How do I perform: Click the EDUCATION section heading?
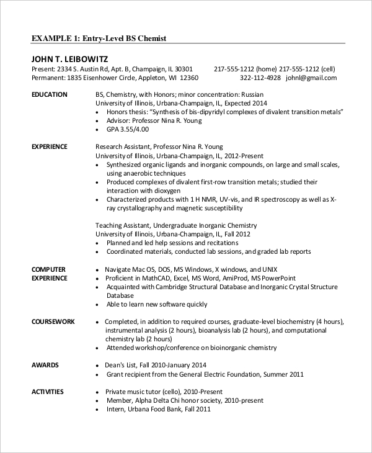click(50, 94)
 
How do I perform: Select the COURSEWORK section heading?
click(53, 322)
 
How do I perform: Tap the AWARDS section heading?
click(45, 365)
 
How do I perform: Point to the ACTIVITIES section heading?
click(48, 392)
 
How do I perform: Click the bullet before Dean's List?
click(99, 365)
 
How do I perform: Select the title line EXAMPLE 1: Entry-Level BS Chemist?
click(99, 38)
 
